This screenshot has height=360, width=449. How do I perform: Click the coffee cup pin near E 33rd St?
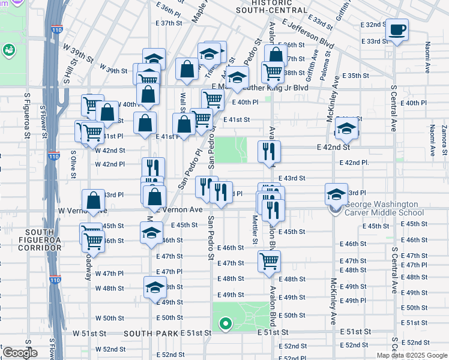click(397, 29)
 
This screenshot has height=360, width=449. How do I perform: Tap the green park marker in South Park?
click(226, 325)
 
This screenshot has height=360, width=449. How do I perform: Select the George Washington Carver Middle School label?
click(384, 212)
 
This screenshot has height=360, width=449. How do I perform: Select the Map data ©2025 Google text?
click(411, 355)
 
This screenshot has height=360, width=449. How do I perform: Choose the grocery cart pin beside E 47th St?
click(269, 262)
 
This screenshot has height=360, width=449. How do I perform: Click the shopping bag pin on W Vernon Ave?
click(94, 202)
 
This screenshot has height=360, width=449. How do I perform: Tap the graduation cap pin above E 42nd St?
click(346, 128)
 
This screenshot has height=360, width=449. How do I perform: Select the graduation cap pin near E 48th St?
click(155, 287)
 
